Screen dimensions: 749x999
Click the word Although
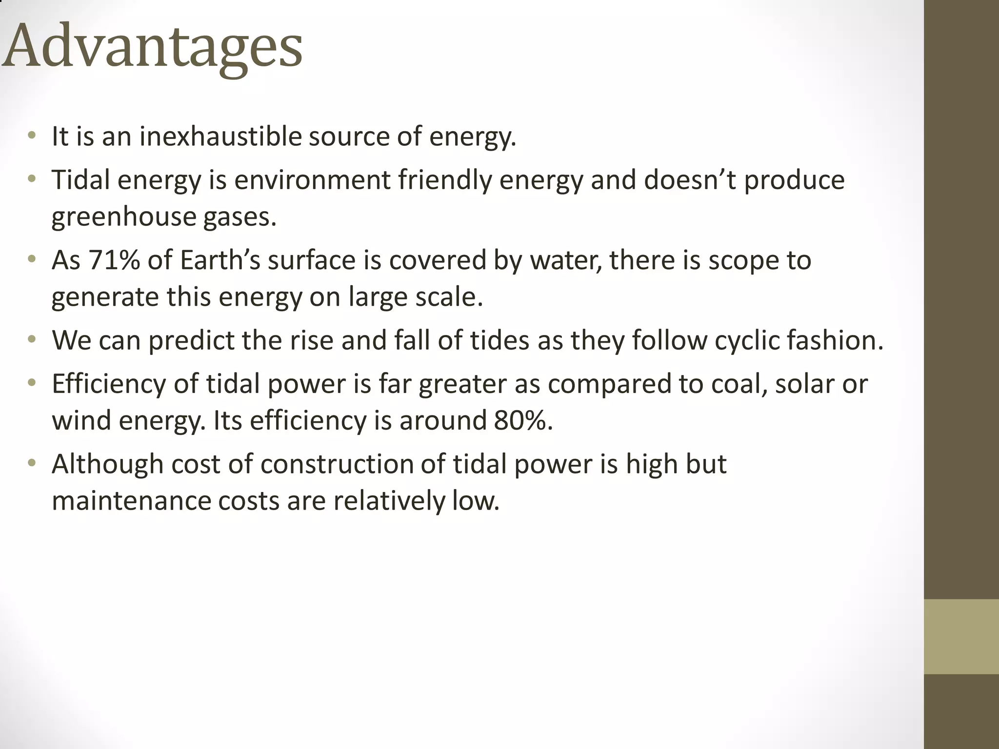[x=107, y=464]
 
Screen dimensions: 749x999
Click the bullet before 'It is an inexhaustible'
[x=32, y=136]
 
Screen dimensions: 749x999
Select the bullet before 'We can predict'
[x=32, y=339]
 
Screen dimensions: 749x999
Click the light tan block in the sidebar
[x=961, y=636]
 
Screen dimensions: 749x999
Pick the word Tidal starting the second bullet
[x=80, y=180]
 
